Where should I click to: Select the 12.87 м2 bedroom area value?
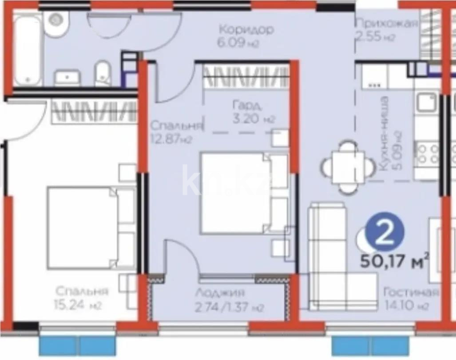(171, 139)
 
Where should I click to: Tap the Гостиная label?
(411, 292)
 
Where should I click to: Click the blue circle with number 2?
(385, 233)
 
